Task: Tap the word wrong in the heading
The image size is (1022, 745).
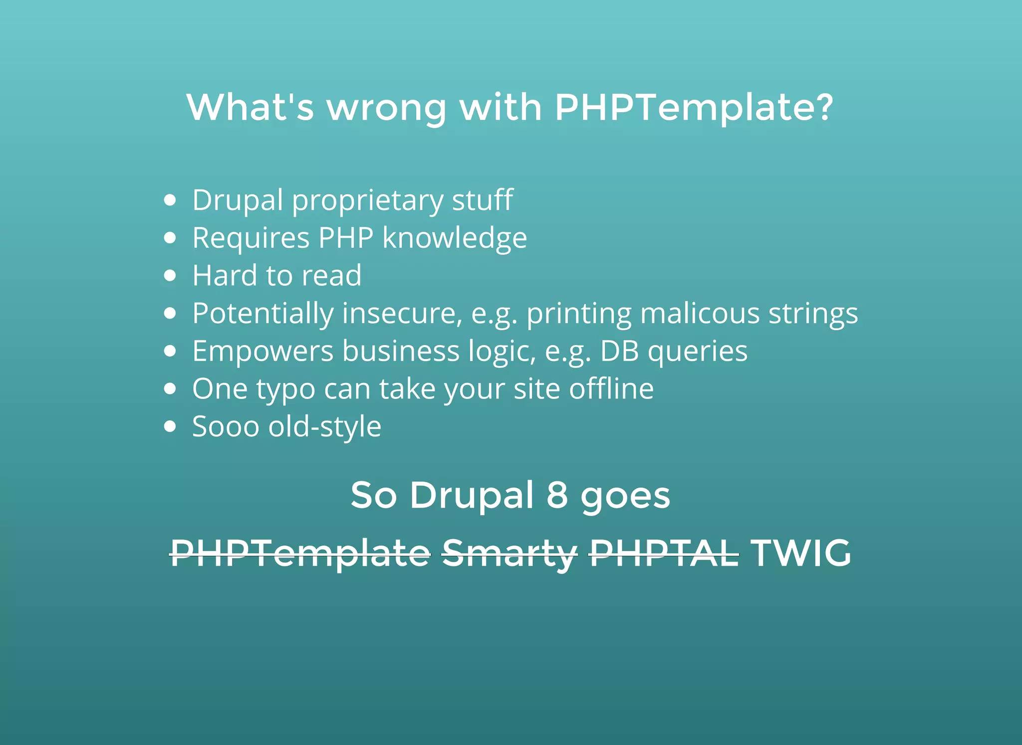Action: tap(386, 108)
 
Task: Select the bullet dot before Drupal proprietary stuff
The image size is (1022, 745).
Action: tap(170, 200)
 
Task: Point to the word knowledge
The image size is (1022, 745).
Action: tap(454, 238)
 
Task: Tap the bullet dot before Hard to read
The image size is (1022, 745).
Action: tap(170, 276)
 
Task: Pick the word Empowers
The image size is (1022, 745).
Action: tap(262, 351)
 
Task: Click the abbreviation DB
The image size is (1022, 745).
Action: tap(619, 351)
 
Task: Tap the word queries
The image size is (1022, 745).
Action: tap(697, 352)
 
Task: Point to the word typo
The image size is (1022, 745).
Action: tap(285, 389)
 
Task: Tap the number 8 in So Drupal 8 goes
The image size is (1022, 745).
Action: tap(557, 495)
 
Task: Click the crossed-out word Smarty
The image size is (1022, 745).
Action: tap(510, 554)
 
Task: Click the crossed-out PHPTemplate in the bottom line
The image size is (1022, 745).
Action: tap(300, 554)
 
